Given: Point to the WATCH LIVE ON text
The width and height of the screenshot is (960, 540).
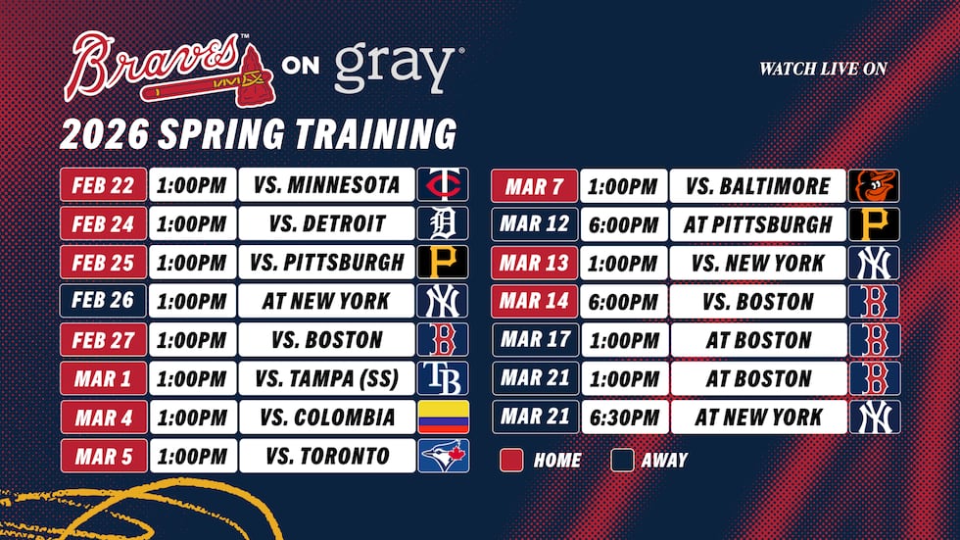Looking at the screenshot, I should (x=823, y=69).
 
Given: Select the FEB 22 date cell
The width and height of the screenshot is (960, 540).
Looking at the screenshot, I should (x=104, y=184).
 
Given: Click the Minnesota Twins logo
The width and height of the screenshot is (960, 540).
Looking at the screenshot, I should (x=443, y=184).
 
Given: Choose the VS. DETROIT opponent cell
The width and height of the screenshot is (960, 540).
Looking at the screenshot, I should (x=326, y=223).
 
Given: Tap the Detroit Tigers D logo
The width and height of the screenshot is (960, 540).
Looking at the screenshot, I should (x=443, y=223).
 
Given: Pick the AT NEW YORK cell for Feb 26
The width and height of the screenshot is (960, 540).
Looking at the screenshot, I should (x=326, y=301).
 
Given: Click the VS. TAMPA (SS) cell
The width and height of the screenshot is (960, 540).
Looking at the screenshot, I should (x=326, y=378).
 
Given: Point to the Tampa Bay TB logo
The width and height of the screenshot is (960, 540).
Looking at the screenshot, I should (x=443, y=378).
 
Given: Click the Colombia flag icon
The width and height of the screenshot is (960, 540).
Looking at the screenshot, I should (x=443, y=417).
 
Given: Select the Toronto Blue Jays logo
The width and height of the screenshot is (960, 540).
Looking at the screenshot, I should (x=443, y=456).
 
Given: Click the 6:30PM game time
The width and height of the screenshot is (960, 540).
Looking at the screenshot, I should (x=624, y=417).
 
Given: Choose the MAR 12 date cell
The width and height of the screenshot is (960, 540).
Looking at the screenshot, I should (x=535, y=223).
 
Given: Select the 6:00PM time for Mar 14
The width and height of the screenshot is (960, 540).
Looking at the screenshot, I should (x=624, y=301).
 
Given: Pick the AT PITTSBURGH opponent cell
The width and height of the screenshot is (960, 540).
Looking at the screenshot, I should (x=758, y=223).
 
